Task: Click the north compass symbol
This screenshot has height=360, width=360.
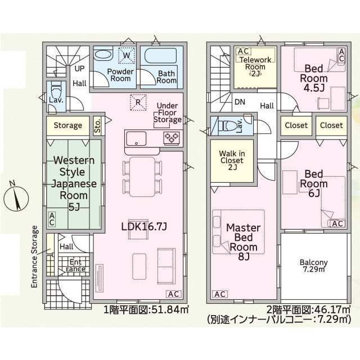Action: tap(16, 197)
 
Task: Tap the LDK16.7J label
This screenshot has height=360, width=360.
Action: tap(144, 227)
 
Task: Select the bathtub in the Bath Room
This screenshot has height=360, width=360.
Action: tap(161, 55)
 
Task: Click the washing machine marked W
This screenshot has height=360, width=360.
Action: tap(127, 55)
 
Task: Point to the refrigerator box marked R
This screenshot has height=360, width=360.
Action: tap(138, 102)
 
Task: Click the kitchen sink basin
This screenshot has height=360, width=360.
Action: tap(136, 138)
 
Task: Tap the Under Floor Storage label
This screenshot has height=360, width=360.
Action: tap(168, 112)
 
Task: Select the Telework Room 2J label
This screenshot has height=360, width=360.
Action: tap(255, 66)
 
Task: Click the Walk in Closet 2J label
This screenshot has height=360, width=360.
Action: tap(232, 160)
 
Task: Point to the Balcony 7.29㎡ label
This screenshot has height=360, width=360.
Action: tap(314, 266)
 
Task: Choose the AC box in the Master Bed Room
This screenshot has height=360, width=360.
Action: tap(220, 294)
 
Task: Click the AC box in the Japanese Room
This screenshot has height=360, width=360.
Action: tap(52, 219)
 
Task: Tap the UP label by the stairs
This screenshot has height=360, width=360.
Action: tap(79, 69)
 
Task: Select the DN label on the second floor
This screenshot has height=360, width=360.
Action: tap(240, 102)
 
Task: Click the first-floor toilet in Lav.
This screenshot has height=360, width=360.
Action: tap(56, 90)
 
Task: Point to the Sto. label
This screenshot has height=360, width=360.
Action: tap(97, 125)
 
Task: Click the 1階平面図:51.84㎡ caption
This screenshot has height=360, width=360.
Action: tap(146, 310)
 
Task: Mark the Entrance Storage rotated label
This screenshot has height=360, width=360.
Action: tap(34, 256)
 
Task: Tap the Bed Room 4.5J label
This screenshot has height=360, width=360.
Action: tap(314, 78)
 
